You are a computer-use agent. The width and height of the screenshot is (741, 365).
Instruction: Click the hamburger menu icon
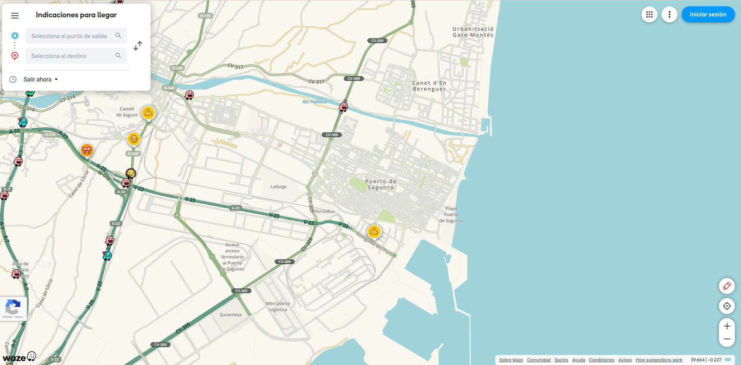pos(15,16)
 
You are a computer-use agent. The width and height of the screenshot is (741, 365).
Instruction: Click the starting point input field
pos(70,36)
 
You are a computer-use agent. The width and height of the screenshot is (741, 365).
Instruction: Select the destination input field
pos(70,56)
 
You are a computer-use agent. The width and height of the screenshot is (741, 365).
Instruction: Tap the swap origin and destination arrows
pos(138,45)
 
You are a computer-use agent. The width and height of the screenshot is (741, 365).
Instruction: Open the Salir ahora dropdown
pos(41,79)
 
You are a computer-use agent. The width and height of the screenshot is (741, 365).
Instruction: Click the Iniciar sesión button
pos(708,14)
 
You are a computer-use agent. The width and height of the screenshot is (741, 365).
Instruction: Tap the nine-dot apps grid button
pos(649,15)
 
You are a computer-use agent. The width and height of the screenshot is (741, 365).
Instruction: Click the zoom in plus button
pos(727,326)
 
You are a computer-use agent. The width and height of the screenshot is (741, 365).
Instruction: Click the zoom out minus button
pos(727,339)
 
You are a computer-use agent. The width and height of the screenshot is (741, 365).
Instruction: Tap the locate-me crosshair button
pos(727,306)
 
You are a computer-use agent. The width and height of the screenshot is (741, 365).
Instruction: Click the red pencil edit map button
pos(727,286)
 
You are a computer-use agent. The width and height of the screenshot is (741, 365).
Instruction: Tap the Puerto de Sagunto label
pos(381,185)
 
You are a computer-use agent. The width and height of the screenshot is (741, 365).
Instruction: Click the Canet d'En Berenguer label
pos(429,86)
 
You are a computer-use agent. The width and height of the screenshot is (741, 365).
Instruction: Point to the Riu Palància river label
pos(314,102)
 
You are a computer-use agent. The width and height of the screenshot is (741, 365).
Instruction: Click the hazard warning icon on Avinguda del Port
pos(374,231)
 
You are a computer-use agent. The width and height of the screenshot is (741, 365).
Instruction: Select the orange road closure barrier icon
pos(87,150)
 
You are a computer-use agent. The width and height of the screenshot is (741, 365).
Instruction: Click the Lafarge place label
pos(278,187)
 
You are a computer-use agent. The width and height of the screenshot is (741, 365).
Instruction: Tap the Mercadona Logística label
pos(278,306)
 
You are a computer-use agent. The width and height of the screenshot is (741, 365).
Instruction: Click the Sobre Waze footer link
pos(511,360)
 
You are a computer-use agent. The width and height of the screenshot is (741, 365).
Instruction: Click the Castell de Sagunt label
pos(127,112)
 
